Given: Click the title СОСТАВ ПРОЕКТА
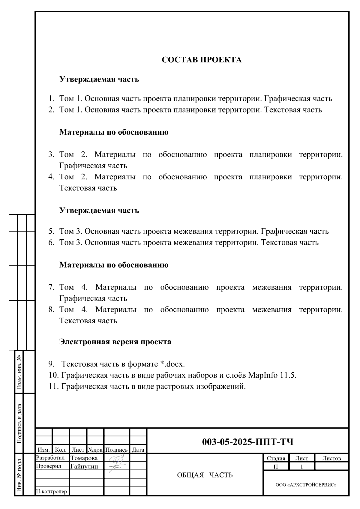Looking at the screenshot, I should pyautogui.click(x=202, y=60).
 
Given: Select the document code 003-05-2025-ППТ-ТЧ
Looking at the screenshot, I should pyautogui.click(x=247, y=442).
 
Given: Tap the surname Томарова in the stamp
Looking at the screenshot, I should pyautogui.click(x=84, y=458).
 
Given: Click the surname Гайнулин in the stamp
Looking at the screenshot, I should pyautogui.click(x=84, y=466).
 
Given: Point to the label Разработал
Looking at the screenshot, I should pyautogui.click(x=50, y=458).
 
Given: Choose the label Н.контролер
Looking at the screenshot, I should pyautogui.click(x=51, y=491).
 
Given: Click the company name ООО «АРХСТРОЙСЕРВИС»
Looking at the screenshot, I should pyautogui.click(x=306, y=485).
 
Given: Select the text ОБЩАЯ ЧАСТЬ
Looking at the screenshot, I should pyautogui.click(x=205, y=475).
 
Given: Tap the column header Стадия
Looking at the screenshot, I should pyautogui.click(x=276, y=458).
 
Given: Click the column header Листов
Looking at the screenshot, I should pyautogui.click(x=331, y=458).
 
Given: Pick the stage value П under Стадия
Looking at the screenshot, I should pyautogui.click(x=276, y=467).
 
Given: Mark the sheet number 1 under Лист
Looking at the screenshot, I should pyautogui.click(x=301, y=467).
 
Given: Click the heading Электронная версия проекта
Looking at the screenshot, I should pyautogui.click(x=115, y=342).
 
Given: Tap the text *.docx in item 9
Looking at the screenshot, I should pyautogui.click(x=172, y=364).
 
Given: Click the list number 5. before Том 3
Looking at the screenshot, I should pyautogui.click(x=51, y=231).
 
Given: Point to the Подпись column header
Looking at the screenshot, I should pyautogui.click(x=117, y=450).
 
